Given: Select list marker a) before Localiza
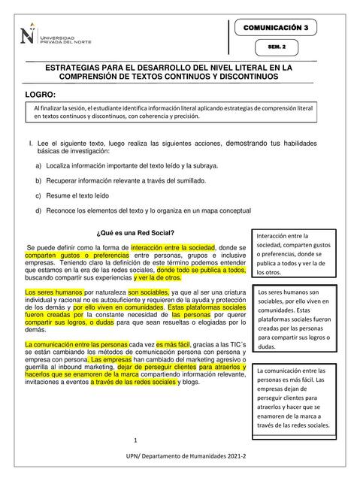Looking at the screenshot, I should click(38, 165).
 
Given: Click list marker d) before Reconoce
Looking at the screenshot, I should click(38, 210).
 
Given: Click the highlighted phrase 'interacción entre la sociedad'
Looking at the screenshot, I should click(173, 247).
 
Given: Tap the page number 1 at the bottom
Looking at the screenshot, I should click(135, 440).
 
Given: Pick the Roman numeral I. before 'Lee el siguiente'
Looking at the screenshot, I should click(27, 143).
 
